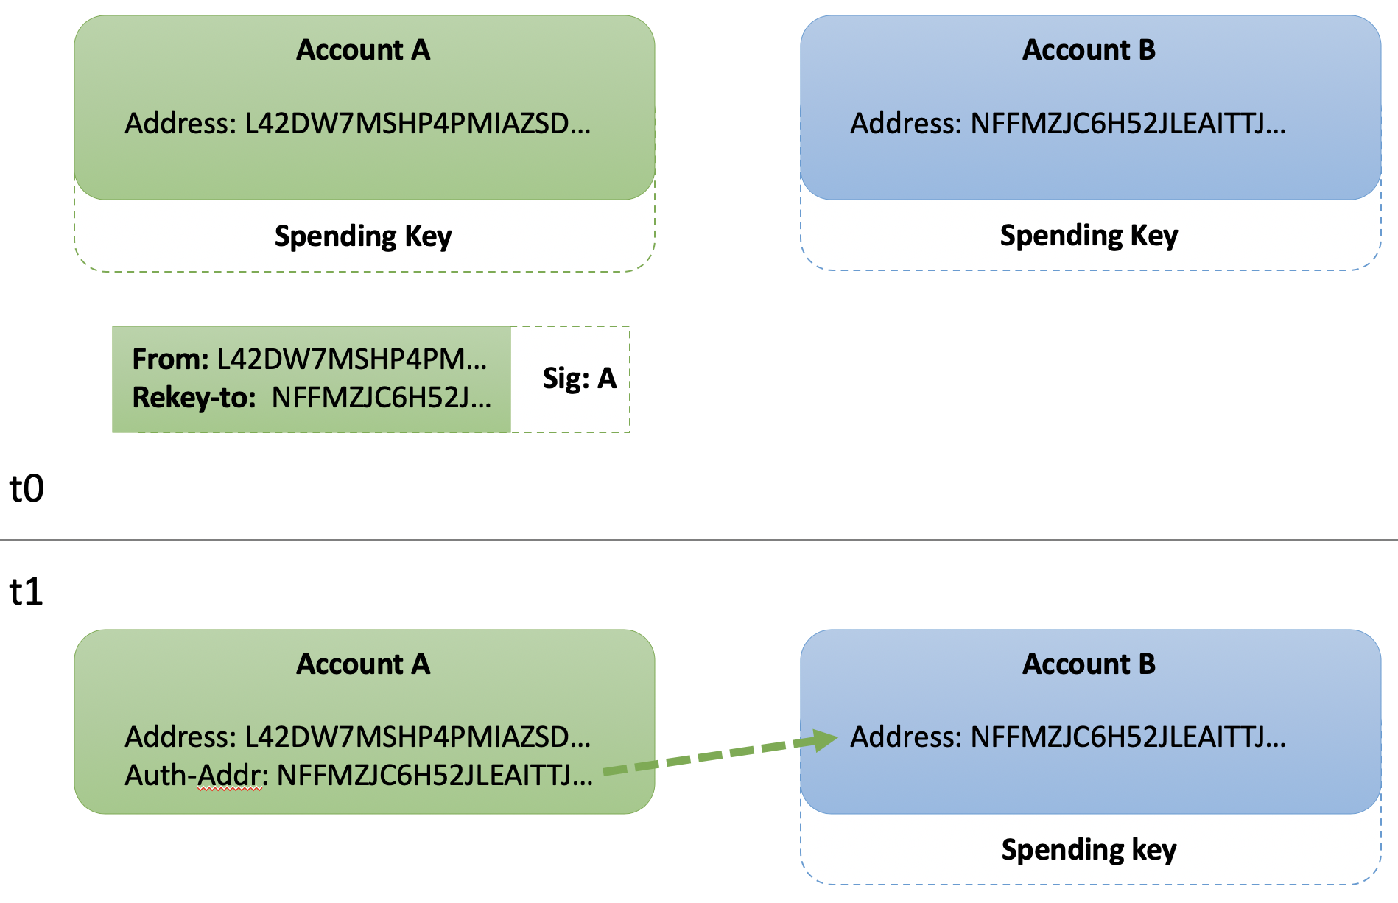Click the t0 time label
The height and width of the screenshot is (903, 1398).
coord(27,488)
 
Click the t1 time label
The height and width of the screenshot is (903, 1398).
coord(27,591)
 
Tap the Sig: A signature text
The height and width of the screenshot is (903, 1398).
coord(579,379)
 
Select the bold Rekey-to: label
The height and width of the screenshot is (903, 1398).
coord(194,398)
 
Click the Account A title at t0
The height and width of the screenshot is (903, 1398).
coord(363,50)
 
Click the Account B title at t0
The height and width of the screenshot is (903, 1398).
coord(1089,50)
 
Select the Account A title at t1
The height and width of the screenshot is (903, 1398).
coord(363,664)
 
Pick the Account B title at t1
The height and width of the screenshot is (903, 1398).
coord(1089,664)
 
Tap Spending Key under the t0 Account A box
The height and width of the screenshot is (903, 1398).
coord(363,236)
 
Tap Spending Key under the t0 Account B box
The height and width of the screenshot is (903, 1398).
coord(1089,236)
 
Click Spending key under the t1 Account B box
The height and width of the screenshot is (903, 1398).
coord(1089,850)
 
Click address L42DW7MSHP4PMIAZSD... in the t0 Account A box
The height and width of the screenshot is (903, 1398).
coord(418,124)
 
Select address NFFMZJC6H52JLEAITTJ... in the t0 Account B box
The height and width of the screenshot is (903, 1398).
coord(1128,124)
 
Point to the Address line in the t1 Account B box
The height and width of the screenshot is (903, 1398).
coord(1068,737)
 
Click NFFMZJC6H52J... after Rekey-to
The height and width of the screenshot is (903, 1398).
coord(381,398)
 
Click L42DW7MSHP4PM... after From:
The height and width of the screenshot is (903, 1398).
coord(352,359)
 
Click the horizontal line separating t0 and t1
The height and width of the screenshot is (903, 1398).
coord(699,540)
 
